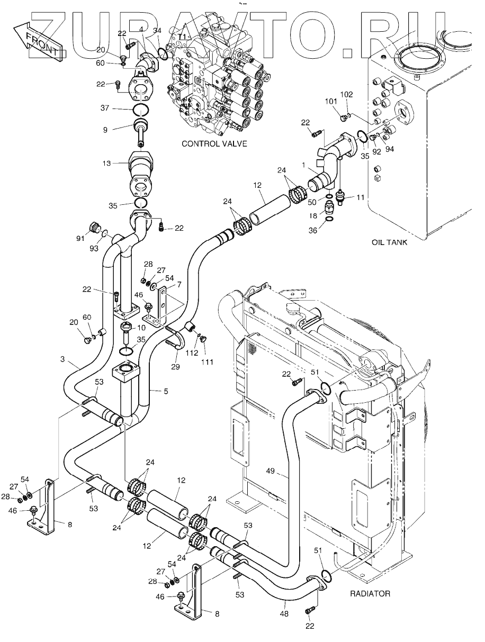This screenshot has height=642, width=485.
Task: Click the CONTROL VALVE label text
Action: pos(214,143)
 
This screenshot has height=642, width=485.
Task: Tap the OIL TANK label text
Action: pos(389,242)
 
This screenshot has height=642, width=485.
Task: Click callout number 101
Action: pos(331,102)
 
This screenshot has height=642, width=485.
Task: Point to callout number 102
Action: pos(346,94)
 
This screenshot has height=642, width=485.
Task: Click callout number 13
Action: pos(106,163)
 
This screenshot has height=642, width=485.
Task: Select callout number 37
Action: pos(104,108)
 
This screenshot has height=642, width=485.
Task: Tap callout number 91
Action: pos(80,238)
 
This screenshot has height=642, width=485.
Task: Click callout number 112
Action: pos(192,353)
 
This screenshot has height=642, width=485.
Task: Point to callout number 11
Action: pos(360,197)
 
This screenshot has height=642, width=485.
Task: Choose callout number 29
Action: pos(175,366)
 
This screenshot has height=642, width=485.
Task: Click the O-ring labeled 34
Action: pos(163,52)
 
